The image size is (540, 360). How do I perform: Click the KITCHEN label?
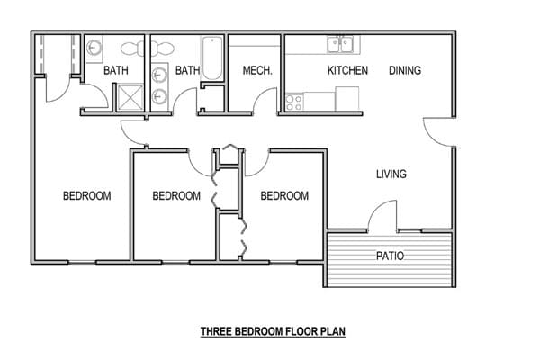coord(346,70)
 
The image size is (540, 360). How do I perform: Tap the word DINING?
coord(405,70)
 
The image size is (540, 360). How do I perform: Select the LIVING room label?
coord(391,174)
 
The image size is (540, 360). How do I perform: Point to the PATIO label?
coord(389,256)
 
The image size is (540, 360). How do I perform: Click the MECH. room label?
coord(257,70)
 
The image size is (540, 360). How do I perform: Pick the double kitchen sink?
coord(339,42)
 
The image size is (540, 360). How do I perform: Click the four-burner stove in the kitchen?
coord(294,102)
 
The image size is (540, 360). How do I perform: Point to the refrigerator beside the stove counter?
coord(347,99)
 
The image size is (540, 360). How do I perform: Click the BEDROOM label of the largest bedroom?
coord(86,196)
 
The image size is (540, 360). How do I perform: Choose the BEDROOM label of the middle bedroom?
coord(175,196)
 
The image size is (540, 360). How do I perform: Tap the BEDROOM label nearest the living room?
coord(284,196)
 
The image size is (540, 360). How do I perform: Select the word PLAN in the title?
coord(332,331)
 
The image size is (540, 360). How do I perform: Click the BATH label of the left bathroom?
coord(115,70)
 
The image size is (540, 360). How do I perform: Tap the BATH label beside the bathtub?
coord(187,70)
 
